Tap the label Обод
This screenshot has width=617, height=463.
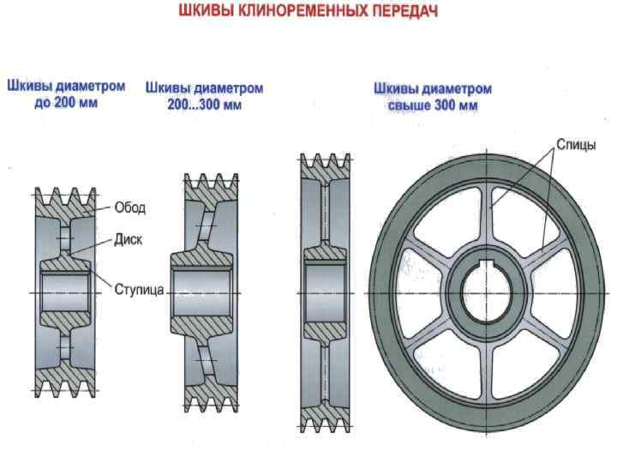tap(130, 207)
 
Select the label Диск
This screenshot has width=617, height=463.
tap(128, 241)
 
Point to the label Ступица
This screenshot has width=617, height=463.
tap(139, 290)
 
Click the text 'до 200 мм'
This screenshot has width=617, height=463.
tap(66, 102)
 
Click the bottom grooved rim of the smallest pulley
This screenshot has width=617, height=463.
tap(65, 383)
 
